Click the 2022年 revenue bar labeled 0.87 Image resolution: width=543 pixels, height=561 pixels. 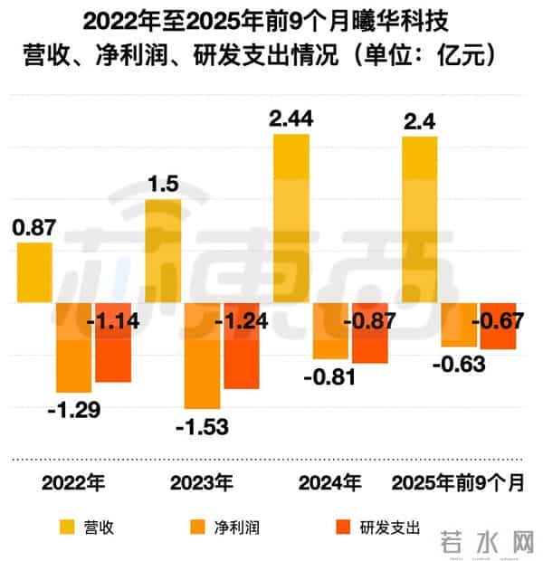34,272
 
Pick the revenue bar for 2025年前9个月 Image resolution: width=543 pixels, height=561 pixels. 420,220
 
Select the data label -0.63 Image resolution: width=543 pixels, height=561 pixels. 459,365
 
